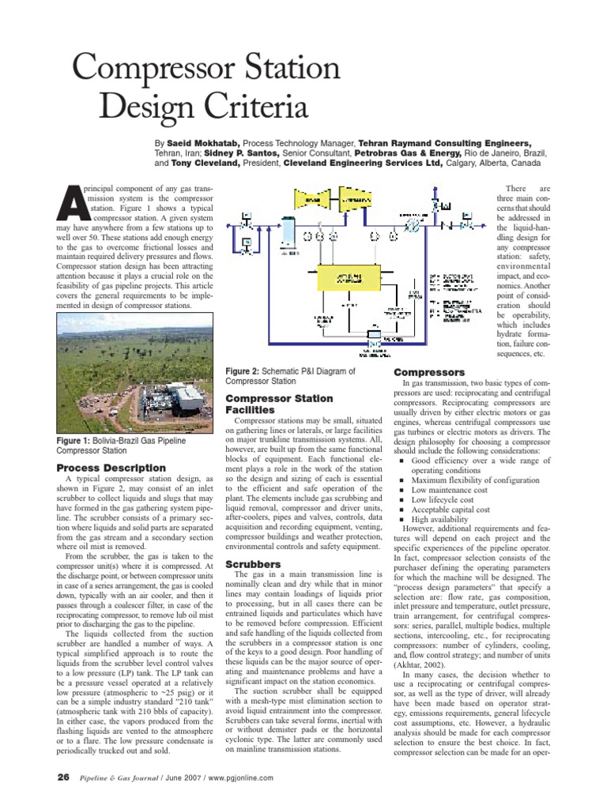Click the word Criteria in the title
pyautogui.click(x=228, y=106)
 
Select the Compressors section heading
pyautogui.click(x=430, y=371)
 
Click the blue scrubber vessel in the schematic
pyautogui.click(x=288, y=231)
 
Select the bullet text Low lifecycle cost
pyautogui.click(x=454, y=500)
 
